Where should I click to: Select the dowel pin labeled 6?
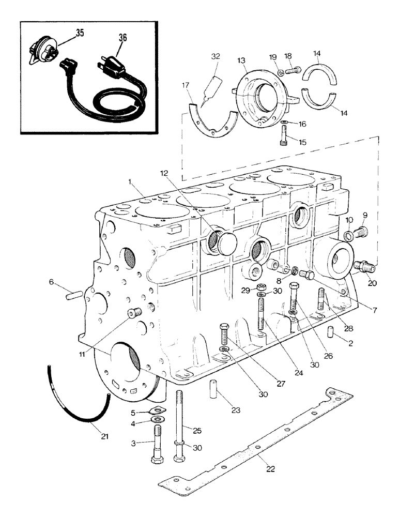click(x=73, y=295)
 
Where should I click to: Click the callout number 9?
click(x=365, y=215)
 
